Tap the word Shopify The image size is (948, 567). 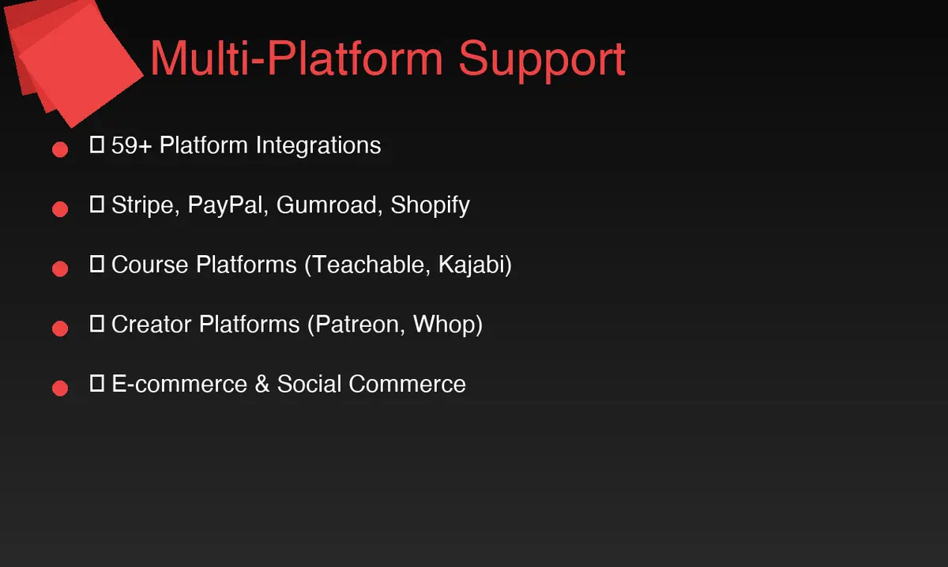[x=431, y=205]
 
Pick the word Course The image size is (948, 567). [x=150, y=265]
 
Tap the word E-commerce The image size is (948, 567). [x=179, y=385]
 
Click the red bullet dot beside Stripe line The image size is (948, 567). [x=60, y=209]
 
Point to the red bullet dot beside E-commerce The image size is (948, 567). [x=60, y=389]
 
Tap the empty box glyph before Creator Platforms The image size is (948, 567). [x=98, y=324]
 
